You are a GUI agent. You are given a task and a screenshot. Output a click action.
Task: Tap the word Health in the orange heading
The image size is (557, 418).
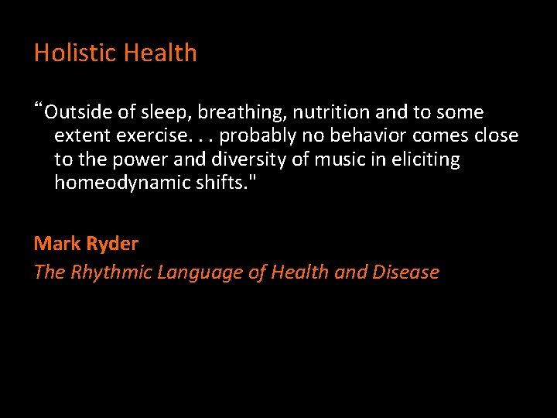160,53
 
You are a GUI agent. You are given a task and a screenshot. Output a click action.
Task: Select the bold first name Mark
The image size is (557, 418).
55,244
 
